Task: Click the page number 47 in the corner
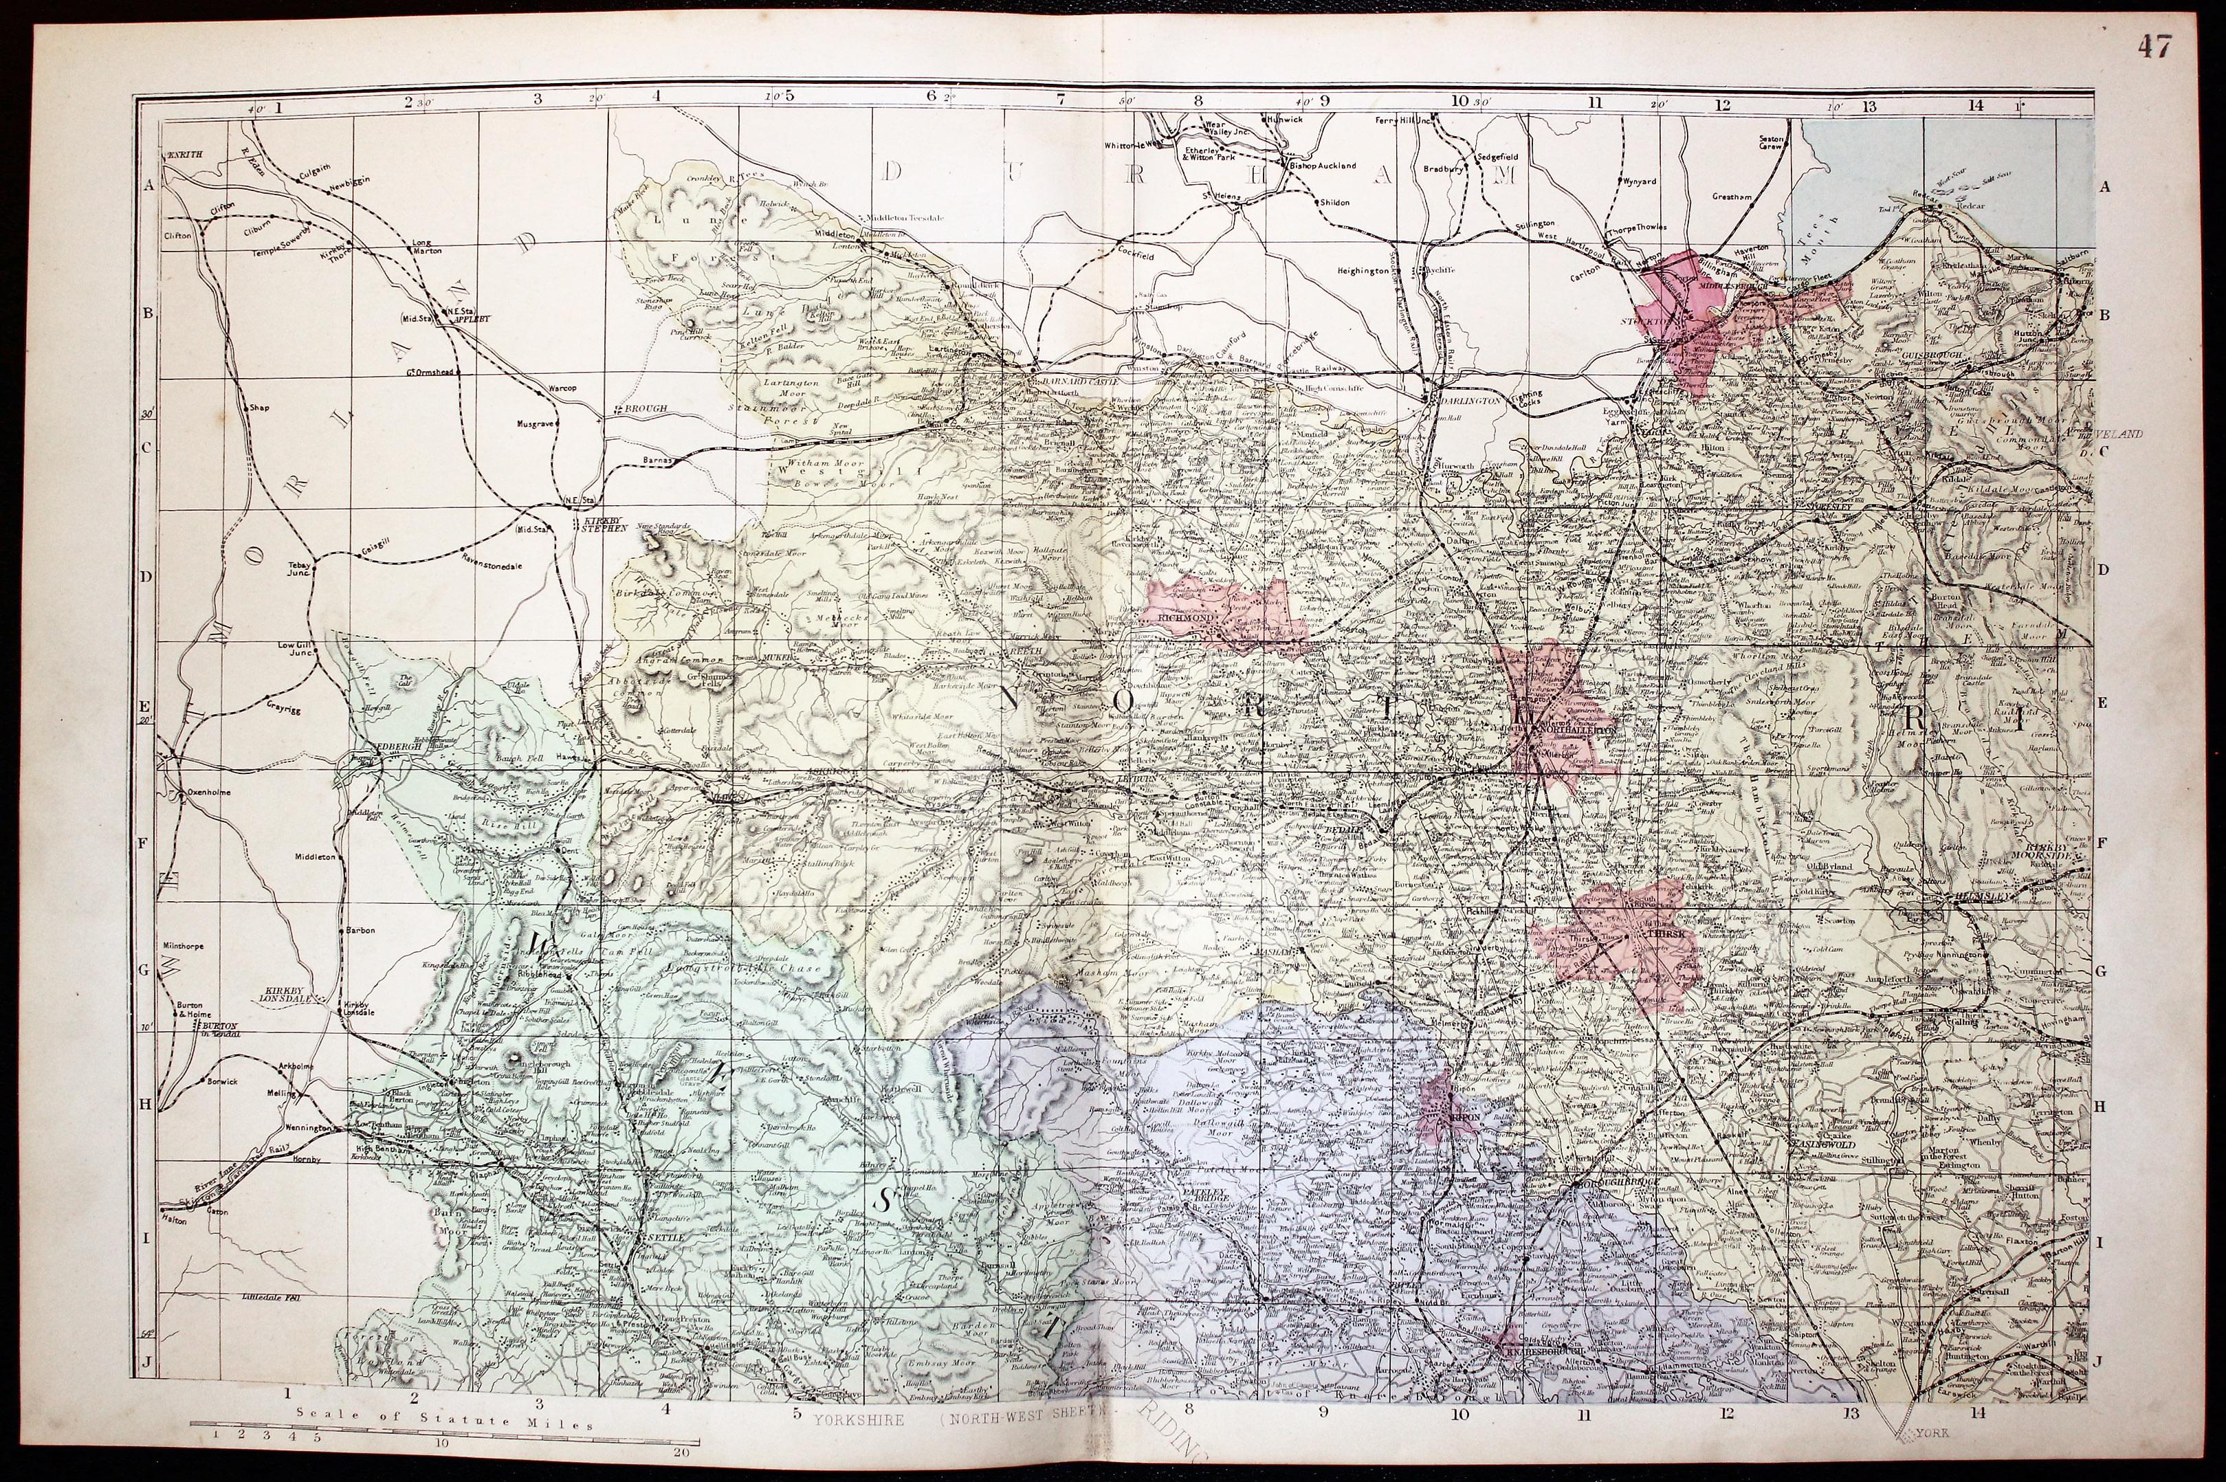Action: (x=2155, y=46)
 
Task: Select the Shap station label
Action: (x=258, y=408)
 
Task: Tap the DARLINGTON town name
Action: (x=1470, y=401)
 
